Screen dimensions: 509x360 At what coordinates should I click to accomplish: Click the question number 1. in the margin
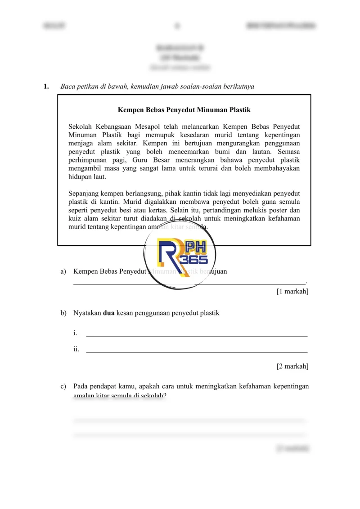tap(46, 87)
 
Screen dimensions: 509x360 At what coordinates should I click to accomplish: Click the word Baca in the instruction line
tap(68, 87)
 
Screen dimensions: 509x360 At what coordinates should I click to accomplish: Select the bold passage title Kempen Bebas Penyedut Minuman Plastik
tap(184, 110)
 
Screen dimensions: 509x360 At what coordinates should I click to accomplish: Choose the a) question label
tap(63, 271)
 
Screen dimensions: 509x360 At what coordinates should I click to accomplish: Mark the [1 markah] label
tap(292, 292)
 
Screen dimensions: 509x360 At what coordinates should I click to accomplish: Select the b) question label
tap(63, 313)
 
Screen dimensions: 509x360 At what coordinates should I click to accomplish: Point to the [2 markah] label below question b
tap(292, 366)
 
